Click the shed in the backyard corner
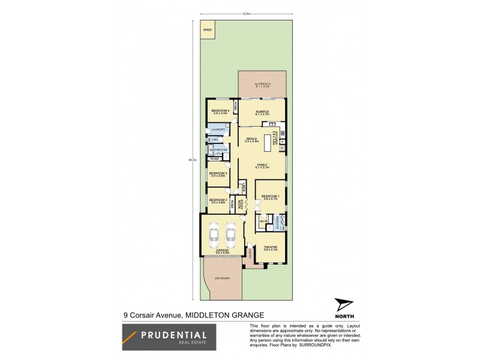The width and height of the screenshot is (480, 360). click(x=208, y=31)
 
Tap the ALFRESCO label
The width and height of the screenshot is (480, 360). click(x=262, y=85)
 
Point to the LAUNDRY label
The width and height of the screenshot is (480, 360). click(x=218, y=129)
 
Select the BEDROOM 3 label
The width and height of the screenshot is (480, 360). click(x=217, y=173)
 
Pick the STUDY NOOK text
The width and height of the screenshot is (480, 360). click(x=241, y=203)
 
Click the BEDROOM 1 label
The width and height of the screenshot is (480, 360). click(x=271, y=196)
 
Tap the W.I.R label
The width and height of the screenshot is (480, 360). click(x=263, y=223)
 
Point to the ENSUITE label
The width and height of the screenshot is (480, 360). click(x=278, y=223)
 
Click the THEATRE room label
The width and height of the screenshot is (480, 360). click(x=270, y=247)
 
